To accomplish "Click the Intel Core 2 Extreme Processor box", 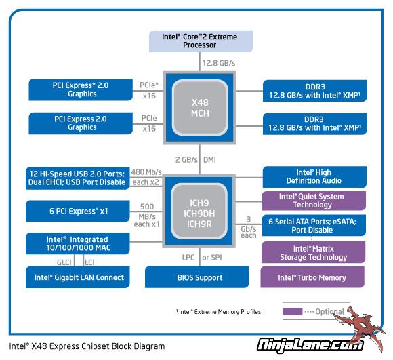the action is [x=201, y=41].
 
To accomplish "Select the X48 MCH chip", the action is [x=199, y=108].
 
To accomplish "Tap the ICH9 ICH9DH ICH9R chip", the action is [x=199, y=211].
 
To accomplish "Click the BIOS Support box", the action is [x=196, y=277].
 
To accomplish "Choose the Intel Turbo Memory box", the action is [x=312, y=277].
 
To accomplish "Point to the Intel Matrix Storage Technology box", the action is [x=313, y=252].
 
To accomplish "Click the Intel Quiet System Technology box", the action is [x=314, y=201].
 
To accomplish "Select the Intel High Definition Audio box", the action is [x=314, y=177].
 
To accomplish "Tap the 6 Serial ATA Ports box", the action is [x=314, y=225].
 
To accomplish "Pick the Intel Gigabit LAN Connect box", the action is [x=78, y=277].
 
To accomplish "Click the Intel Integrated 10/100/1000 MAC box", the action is [x=78, y=243].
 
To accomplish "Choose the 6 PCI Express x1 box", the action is [x=78, y=211].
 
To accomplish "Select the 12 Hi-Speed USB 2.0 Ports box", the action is [x=78, y=178].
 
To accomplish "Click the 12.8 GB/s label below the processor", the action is [x=219, y=63].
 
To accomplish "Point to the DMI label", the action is [x=209, y=160].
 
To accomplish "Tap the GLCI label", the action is [x=64, y=262].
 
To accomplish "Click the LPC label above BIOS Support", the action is [x=188, y=257].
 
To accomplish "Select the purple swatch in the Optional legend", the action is [x=292, y=311].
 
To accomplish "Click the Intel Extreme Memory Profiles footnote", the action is [x=219, y=312].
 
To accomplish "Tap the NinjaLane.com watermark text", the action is [x=310, y=345].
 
